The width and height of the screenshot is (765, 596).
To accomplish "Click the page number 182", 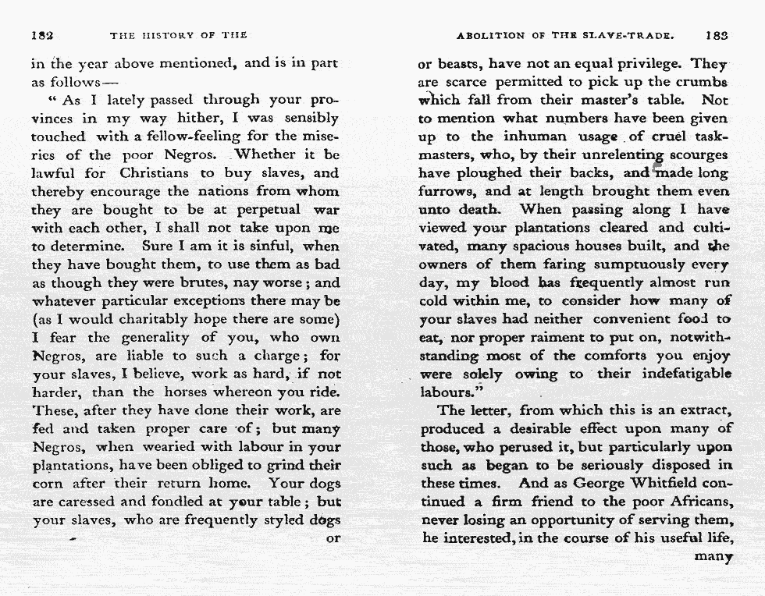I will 41,35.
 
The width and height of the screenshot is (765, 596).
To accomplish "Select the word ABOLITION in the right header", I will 490,35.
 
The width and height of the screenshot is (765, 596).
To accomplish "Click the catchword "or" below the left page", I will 333,538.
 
